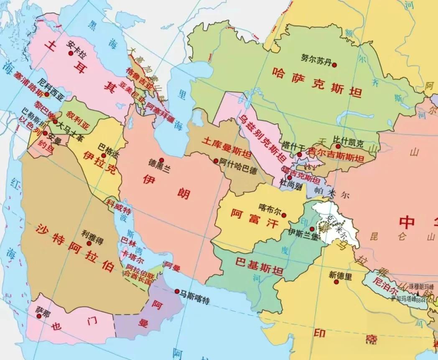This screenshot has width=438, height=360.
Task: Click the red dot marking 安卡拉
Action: pyautogui.click(x=71, y=53)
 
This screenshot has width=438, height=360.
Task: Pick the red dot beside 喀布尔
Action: pyautogui.click(x=284, y=215)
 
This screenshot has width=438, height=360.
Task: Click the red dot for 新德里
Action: pyautogui.click(x=336, y=282)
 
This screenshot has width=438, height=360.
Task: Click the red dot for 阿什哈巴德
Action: pyautogui.click(x=216, y=161)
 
